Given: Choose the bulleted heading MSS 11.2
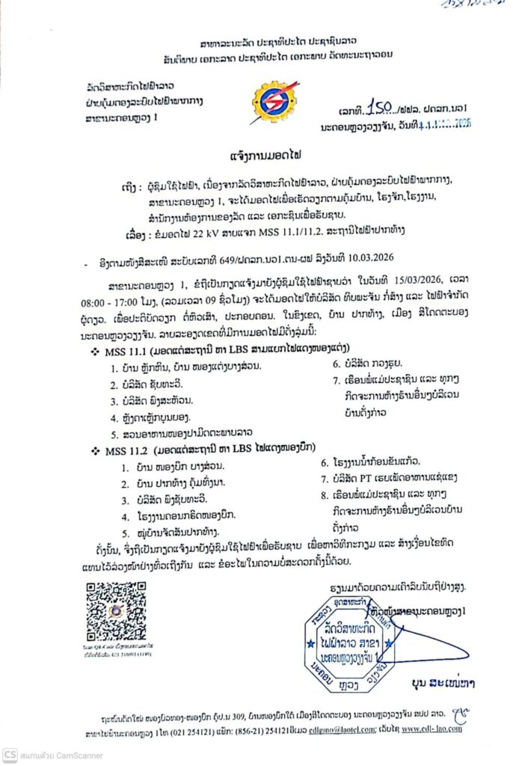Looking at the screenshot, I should tap(126, 452).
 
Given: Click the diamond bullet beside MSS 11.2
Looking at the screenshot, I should tap(95, 453).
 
